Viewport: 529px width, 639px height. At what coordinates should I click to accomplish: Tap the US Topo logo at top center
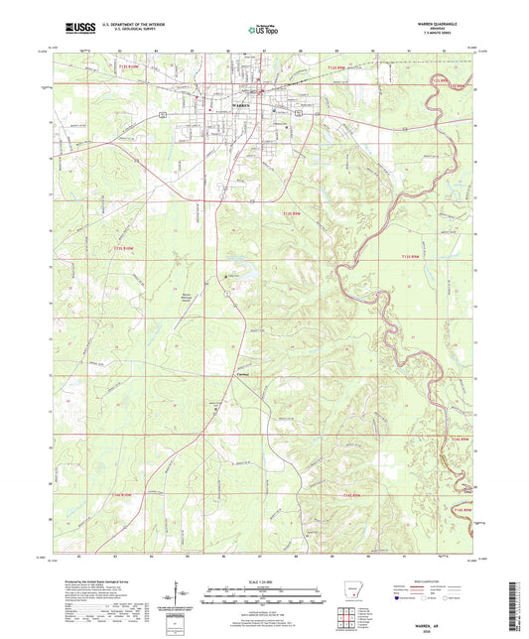tap(262, 31)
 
